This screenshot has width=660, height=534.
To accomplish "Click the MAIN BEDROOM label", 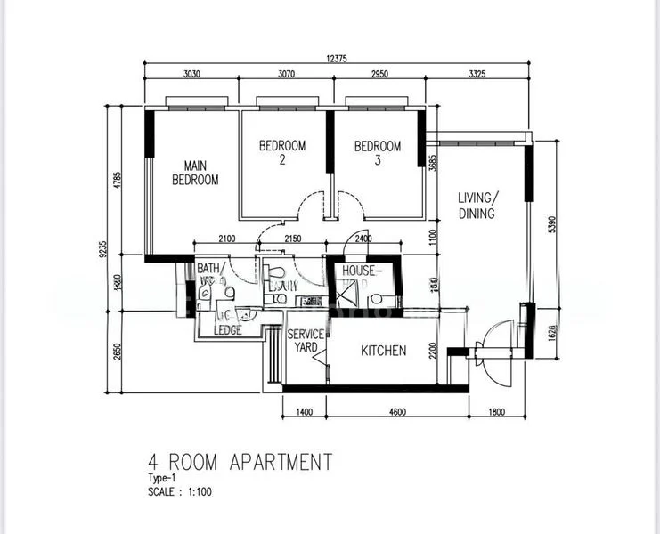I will pos(195,173).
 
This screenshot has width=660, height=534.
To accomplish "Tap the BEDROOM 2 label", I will pos(282,153).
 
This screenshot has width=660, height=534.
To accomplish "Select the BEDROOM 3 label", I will pos(377,153).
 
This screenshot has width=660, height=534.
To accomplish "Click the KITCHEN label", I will pos(384,351).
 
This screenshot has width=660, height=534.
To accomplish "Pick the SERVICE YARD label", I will pos(305,340).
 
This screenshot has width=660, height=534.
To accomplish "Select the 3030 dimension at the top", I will pos(192,75).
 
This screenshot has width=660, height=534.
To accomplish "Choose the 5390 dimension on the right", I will pos(552,223).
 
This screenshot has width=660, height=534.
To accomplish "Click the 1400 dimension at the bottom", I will pos(305,412).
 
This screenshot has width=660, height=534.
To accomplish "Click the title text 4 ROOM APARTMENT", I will pos(240,463).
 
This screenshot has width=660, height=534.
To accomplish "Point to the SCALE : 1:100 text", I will pos(180,490).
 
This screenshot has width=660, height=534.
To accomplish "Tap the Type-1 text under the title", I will pos(163,478).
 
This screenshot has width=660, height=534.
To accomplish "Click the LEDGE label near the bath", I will pos(228,329).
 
